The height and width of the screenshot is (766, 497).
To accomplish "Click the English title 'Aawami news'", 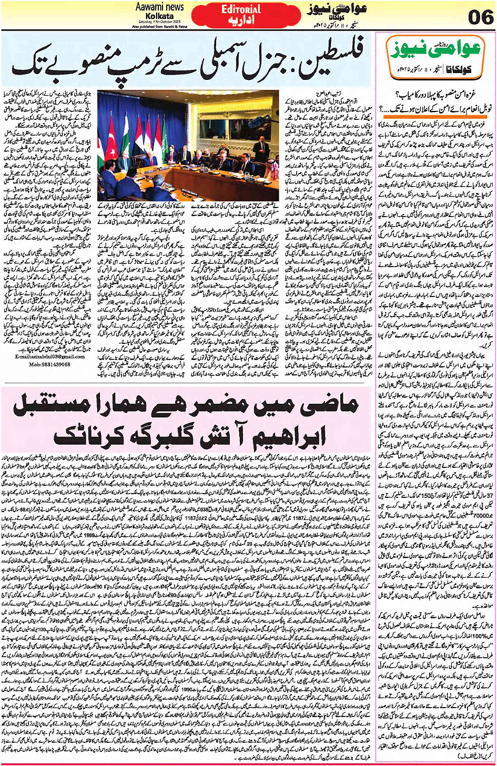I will pos(159,7).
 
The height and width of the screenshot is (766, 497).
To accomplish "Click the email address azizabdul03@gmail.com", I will pos(47,356).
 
